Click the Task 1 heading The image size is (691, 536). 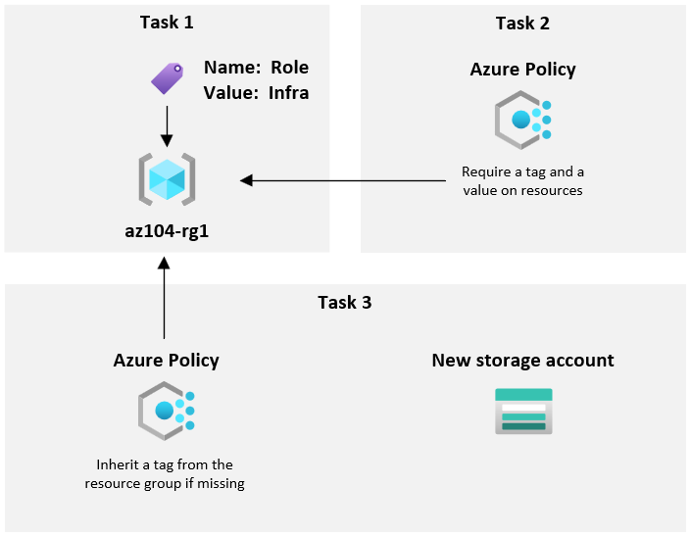click(x=167, y=23)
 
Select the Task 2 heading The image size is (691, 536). click(x=522, y=23)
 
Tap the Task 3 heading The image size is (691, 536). click(x=344, y=302)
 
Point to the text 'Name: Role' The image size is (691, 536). click(x=256, y=68)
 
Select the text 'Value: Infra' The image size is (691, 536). click(x=256, y=93)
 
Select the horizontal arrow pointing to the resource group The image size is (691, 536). click(x=343, y=180)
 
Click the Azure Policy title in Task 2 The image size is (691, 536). click(x=522, y=70)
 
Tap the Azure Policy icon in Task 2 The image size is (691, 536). click(x=522, y=120)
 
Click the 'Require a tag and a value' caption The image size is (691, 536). click(x=522, y=181)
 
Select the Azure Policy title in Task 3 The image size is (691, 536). click(x=166, y=361)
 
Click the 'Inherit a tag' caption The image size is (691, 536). click(x=165, y=473)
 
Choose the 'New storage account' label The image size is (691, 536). click(x=522, y=361)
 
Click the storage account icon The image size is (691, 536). click(x=523, y=411)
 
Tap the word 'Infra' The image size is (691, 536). click(x=288, y=93)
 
